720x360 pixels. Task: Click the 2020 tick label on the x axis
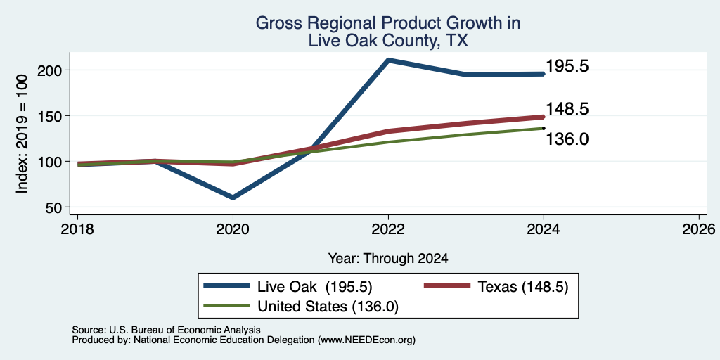tap(233, 229)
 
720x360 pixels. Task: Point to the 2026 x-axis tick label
tap(700, 229)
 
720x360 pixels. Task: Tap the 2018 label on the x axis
tap(77, 229)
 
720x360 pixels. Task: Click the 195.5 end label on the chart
tap(567, 67)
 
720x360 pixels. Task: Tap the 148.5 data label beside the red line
tap(567, 109)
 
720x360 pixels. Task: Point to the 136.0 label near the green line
tap(567, 139)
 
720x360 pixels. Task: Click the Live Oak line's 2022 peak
tap(388, 60)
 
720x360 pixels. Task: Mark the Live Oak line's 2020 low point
tap(233, 198)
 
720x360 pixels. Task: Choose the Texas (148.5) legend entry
tap(523, 287)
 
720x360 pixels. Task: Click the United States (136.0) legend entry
tap(328, 307)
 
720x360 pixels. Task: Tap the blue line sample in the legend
tap(227, 286)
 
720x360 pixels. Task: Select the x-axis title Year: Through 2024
tap(388, 259)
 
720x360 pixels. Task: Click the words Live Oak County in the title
tap(372, 41)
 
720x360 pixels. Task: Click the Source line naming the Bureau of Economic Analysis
tap(166, 330)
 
